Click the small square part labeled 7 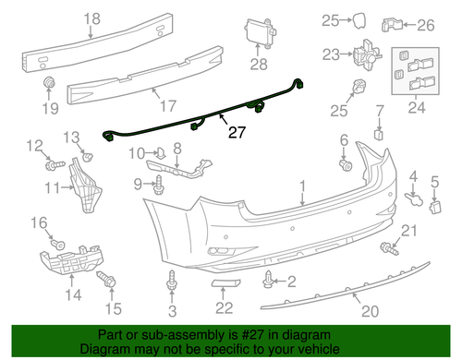tap(378, 133)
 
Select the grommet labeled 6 tap(346, 166)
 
